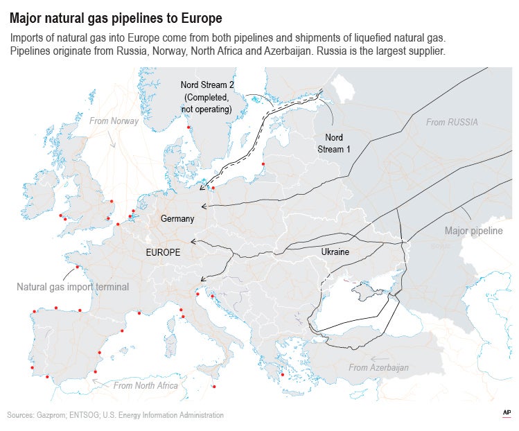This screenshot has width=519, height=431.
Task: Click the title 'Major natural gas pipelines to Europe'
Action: click(x=116, y=16)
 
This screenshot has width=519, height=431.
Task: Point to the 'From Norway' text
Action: click(x=114, y=121)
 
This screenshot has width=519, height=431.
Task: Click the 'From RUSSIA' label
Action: click(x=452, y=123)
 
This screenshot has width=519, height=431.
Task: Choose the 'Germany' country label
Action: click(x=177, y=219)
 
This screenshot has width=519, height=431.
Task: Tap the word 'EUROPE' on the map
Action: click(x=163, y=253)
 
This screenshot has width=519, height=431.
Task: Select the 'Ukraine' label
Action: click(x=335, y=252)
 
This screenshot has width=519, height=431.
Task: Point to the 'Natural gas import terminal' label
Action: click(x=73, y=286)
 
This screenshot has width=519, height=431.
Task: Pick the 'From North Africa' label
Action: click(x=146, y=385)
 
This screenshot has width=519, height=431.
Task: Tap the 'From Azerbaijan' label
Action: click(x=378, y=367)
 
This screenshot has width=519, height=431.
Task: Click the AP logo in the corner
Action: click(x=507, y=414)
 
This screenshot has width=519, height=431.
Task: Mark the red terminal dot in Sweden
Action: click(x=188, y=127)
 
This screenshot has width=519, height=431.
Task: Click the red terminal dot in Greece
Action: click(x=283, y=374)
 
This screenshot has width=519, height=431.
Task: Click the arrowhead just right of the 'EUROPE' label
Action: click(x=193, y=243)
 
